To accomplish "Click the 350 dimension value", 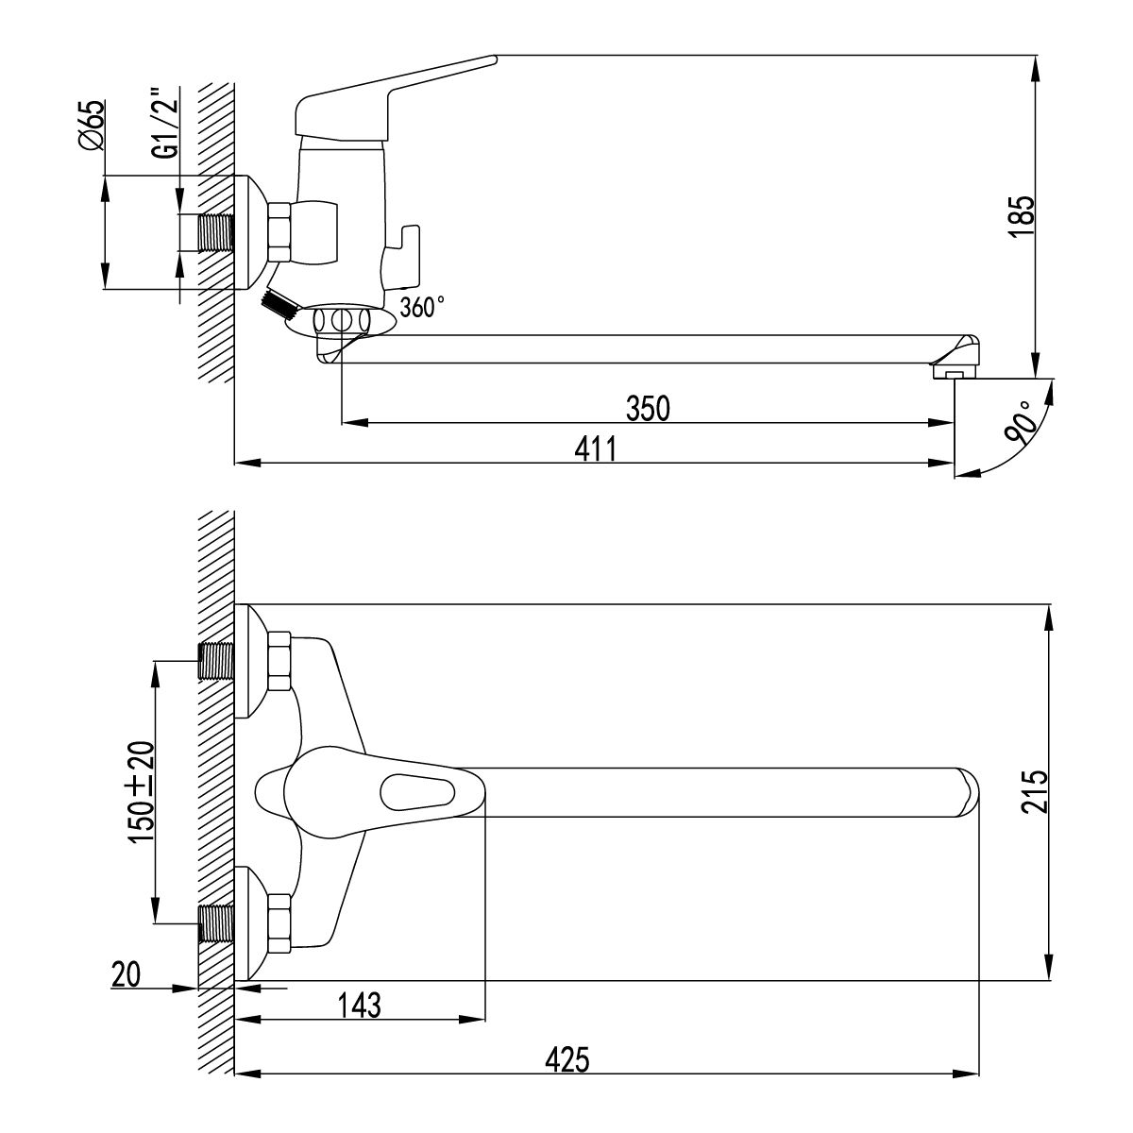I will [x=648, y=409].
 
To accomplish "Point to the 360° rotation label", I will [x=421, y=307].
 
